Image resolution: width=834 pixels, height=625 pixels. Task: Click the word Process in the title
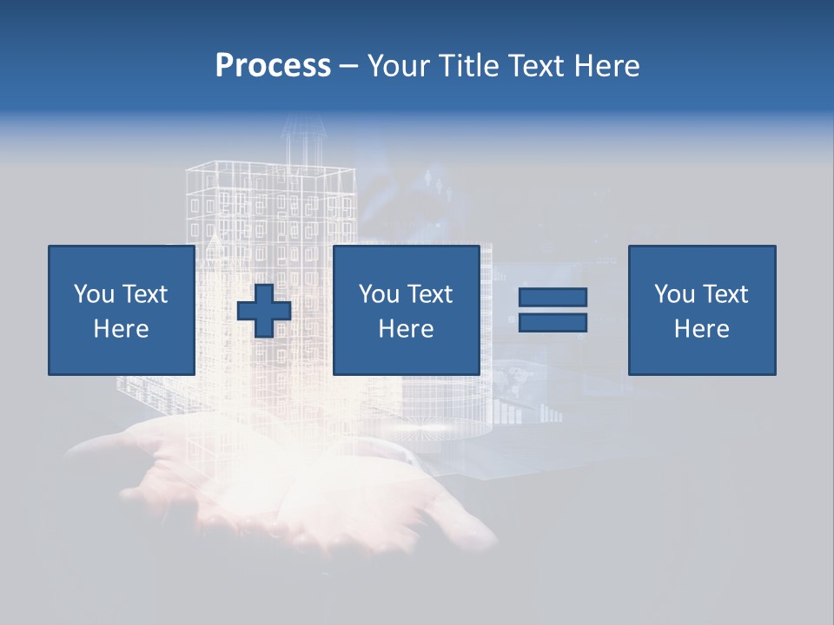pyautogui.click(x=273, y=66)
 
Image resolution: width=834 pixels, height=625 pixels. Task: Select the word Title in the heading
pyautogui.click(x=470, y=66)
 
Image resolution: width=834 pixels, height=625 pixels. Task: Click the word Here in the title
pyautogui.click(x=607, y=66)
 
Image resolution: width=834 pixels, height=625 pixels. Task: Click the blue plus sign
pyautogui.click(x=264, y=311)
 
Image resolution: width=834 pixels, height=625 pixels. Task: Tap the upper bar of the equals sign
pyautogui.click(x=553, y=297)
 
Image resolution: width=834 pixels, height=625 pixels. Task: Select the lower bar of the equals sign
pyautogui.click(x=553, y=323)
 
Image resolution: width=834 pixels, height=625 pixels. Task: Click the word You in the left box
pyautogui.click(x=94, y=294)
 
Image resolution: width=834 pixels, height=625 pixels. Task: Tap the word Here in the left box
pyautogui.click(x=121, y=329)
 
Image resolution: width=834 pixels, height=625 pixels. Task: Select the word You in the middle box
pyautogui.click(x=379, y=294)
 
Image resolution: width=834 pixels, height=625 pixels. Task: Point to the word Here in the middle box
pyautogui.click(x=406, y=329)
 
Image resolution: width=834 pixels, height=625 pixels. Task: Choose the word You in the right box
pyautogui.click(x=674, y=294)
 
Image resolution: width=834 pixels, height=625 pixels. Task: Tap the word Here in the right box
pyautogui.click(x=701, y=329)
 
